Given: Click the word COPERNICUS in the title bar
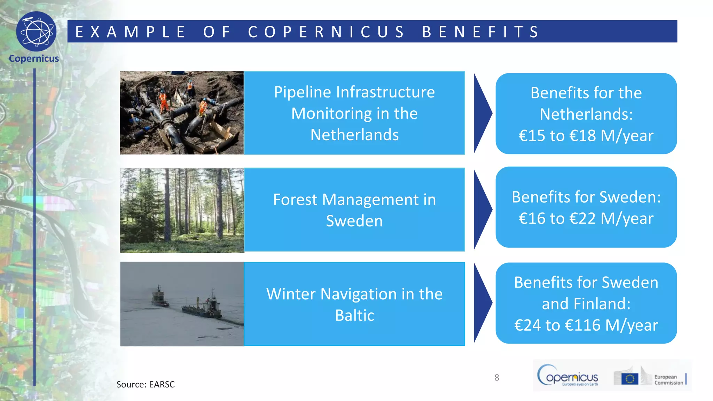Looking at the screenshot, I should coord(326,32).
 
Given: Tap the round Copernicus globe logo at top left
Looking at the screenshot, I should coord(36,32).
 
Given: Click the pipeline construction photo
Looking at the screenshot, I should coord(182,113).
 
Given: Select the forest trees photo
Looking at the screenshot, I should coord(182,210).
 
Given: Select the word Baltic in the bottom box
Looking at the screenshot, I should coord(354,315).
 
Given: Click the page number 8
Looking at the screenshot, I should coord(497,378).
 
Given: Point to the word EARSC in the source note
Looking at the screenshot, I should coord(162,385).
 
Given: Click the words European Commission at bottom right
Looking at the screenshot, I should coord(668,380).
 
